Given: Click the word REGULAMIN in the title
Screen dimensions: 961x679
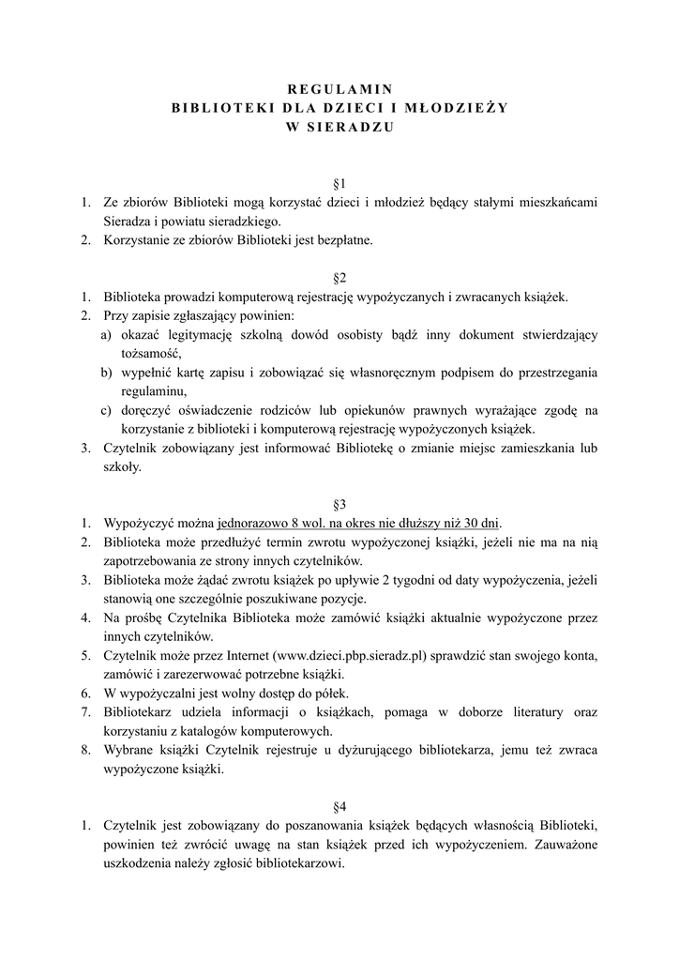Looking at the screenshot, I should tap(339, 88).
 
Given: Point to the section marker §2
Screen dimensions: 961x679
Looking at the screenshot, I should tap(339, 278).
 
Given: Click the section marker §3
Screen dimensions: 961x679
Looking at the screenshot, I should tap(339, 503).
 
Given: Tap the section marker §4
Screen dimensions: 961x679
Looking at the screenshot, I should tap(339, 805).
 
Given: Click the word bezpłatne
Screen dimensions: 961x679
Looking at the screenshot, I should tap(339, 240).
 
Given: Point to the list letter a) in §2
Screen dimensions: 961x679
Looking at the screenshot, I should tap(107, 334).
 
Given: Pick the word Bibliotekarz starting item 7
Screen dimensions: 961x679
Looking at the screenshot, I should tap(140, 711).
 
